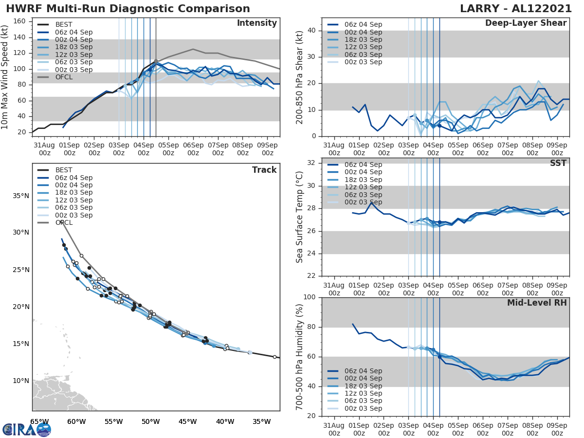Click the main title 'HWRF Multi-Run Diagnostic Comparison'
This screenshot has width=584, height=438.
(128, 9)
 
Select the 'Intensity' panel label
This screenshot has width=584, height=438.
(257, 23)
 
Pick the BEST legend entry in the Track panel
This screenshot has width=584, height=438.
(64, 170)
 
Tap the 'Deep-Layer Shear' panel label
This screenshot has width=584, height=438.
(526, 23)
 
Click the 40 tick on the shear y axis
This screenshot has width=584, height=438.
(311, 31)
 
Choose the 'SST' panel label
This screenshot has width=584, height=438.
(558, 163)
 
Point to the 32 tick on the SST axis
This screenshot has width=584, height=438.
(311, 163)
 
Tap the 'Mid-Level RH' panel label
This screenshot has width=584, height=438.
(537, 303)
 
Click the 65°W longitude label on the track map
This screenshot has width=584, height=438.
(39, 421)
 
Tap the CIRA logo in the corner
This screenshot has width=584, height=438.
(27, 429)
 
